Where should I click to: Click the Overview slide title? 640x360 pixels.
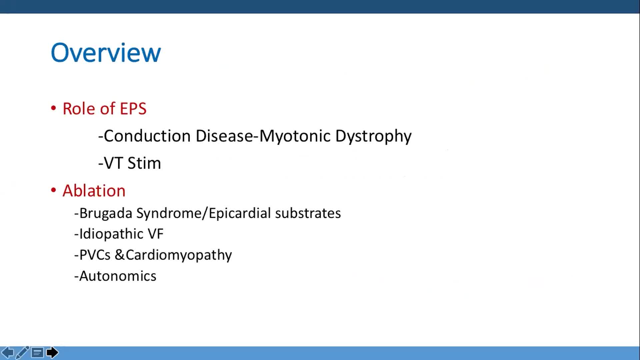(x=106, y=53)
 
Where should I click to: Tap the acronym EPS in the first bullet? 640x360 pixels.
(x=133, y=109)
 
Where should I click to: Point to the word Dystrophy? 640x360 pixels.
(x=373, y=136)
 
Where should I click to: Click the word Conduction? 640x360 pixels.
(x=147, y=136)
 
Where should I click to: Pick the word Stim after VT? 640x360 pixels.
(x=144, y=163)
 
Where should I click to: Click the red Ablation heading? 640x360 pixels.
(x=94, y=191)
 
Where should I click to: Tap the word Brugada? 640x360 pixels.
(x=106, y=213)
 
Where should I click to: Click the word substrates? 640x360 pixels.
(x=308, y=213)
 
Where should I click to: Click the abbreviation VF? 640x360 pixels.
(x=156, y=234)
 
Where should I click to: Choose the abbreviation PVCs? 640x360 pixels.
(x=95, y=255)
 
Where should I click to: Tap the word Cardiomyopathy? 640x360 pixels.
(x=179, y=255)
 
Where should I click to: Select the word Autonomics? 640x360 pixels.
(x=118, y=276)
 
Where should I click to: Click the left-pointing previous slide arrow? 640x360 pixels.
(x=8, y=352)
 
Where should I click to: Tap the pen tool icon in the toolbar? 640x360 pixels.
(x=22, y=352)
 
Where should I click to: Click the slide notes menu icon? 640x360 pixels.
(x=37, y=352)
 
